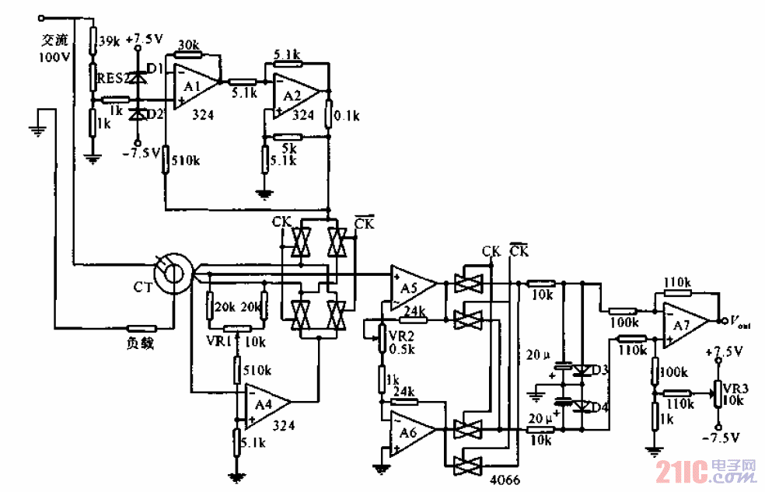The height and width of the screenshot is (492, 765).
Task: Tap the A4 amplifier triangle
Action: pyautogui.click(x=265, y=405)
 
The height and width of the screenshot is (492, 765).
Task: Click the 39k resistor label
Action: pyautogui.click(x=110, y=40)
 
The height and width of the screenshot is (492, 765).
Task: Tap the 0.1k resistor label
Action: pyautogui.click(x=346, y=117)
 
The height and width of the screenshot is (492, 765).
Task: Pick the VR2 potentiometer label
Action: pyautogui.click(x=401, y=335)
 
